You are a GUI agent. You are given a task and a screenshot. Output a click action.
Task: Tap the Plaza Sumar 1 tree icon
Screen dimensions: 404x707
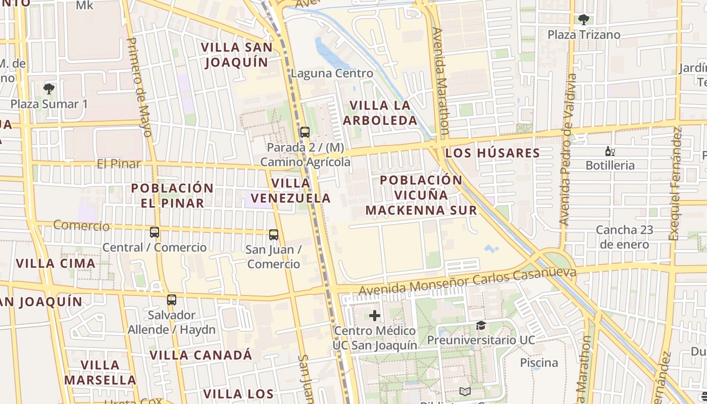pos(49,89)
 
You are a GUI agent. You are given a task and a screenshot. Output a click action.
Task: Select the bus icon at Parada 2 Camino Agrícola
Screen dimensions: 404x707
pos(305,132)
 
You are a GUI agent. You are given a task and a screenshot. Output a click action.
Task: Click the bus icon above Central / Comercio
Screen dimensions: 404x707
pos(155,232)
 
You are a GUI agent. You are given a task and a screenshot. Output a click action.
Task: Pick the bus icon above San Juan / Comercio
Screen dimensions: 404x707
pos(273,234)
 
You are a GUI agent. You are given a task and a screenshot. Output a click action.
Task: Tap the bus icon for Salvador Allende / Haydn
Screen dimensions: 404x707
pos(172,300)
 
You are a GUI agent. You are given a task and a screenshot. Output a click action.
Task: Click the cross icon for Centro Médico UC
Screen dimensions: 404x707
pos(374,316)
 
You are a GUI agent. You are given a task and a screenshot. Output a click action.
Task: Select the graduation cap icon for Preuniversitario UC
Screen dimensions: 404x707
pos(480,326)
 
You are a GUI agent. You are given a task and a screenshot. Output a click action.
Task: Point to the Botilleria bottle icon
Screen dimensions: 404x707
pos(610,151)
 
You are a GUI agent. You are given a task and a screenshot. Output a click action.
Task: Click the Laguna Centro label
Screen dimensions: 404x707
pos(332,73)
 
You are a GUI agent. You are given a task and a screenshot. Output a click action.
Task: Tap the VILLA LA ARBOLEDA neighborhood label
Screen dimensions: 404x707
pos(380,113)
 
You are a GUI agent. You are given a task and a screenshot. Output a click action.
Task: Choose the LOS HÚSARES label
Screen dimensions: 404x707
pos(493,153)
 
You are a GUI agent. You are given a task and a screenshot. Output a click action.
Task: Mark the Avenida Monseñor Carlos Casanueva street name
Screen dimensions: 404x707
pos(467,282)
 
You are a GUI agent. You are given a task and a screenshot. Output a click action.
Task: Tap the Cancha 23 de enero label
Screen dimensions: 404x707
pos(624,237)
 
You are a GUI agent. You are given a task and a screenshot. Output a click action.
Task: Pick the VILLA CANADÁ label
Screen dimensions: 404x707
pos(200,355)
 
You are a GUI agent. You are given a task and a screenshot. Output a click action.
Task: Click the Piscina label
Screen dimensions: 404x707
pos(539,363)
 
